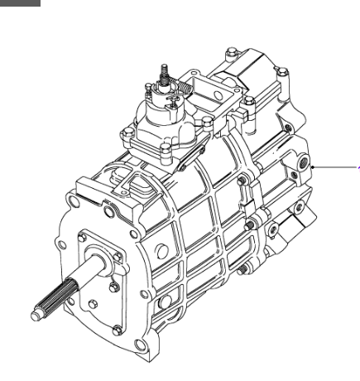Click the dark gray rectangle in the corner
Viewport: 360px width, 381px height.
(20, 3)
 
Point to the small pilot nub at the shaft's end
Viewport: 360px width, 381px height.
(36, 315)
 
